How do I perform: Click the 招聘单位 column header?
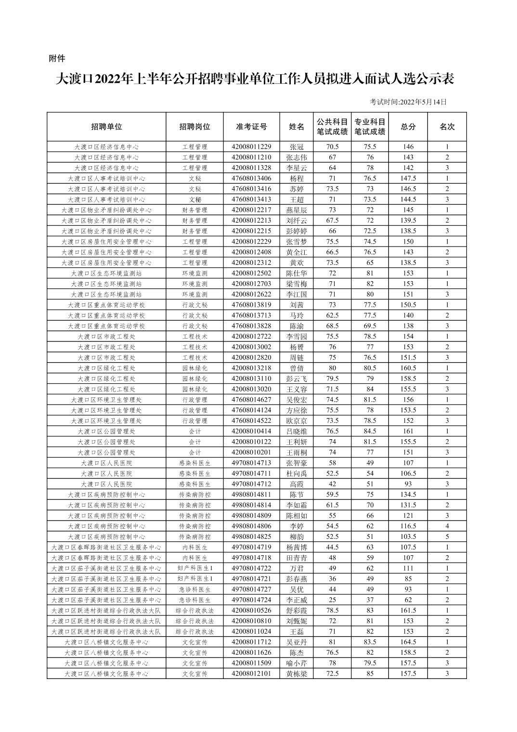click(x=106, y=127)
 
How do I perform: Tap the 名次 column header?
click(x=447, y=127)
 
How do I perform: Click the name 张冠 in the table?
click(x=297, y=147)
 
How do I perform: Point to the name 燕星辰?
click(x=297, y=210)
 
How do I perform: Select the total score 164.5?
click(x=408, y=642)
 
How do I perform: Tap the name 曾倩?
click(x=297, y=368)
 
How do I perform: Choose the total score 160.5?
click(x=408, y=368)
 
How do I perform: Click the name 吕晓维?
click(x=297, y=431)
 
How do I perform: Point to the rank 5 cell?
click(x=447, y=536)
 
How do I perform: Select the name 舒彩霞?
click(x=297, y=611)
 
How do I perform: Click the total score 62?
click(x=408, y=600)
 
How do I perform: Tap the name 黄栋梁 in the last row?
click(x=297, y=674)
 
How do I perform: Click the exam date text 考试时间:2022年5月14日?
click(x=408, y=102)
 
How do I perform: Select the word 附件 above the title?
click(x=57, y=59)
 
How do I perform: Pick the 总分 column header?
click(x=408, y=127)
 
